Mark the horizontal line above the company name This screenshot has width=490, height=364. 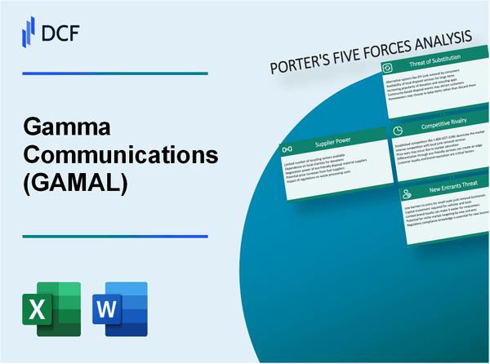pos(114,73)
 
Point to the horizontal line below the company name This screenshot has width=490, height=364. pos(114,236)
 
